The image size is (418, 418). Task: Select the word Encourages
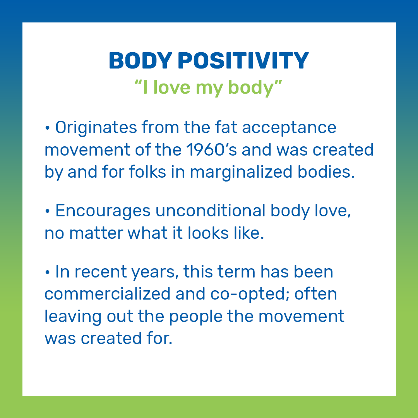[x=103, y=211]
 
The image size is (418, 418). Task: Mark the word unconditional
[x=211, y=211]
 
